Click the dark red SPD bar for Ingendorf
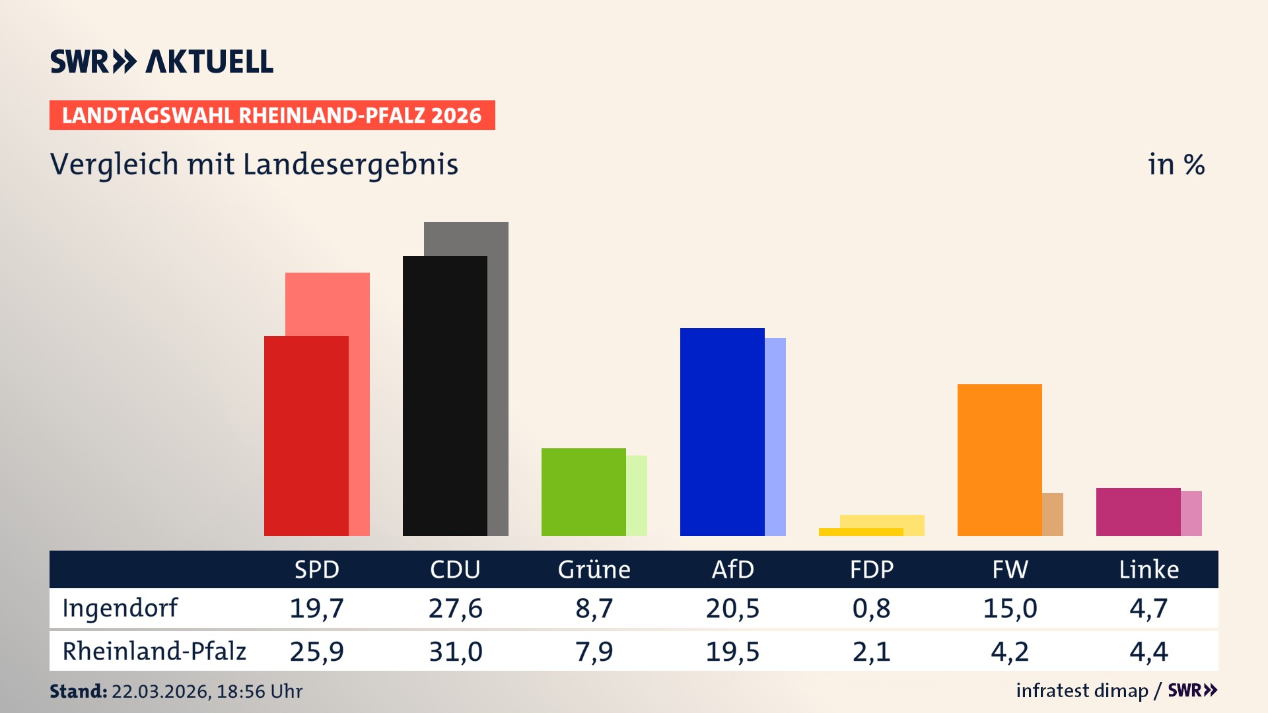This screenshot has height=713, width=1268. click(x=306, y=436)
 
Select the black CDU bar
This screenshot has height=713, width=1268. click(x=444, y=396)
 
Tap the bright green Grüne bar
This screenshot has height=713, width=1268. click(x=583, y=492)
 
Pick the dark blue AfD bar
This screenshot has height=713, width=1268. click(x=722, y=432)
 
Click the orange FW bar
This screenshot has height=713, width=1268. click(x=999, y=460)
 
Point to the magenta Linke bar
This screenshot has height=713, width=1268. click(x=1138, y=512)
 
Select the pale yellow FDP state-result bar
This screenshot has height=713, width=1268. click(x=882, y=521)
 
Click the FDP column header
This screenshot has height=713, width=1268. click(x=871, y=569)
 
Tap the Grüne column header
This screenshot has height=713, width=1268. click(x=594, y=569)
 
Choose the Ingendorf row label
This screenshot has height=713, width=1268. click(x=120, y=608)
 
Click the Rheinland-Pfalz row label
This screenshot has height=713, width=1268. click(x=154, y=652)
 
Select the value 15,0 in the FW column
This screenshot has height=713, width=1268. click(x=1010, y=608)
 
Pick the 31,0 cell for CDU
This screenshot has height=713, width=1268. click(x=455, y=652)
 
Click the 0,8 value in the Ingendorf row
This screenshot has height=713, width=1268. click(x=871, y=608)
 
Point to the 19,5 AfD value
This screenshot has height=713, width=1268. click(x=732, y=652)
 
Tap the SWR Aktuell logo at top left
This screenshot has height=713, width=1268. click(x=161, y=61)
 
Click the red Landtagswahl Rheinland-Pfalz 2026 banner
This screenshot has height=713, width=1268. click(x=271, y=115)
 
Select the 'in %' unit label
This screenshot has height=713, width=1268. click(x=1176, y=164)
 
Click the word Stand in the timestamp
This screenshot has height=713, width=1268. click(x=78, y=691)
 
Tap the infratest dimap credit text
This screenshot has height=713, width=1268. click(x=1081, y=691)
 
